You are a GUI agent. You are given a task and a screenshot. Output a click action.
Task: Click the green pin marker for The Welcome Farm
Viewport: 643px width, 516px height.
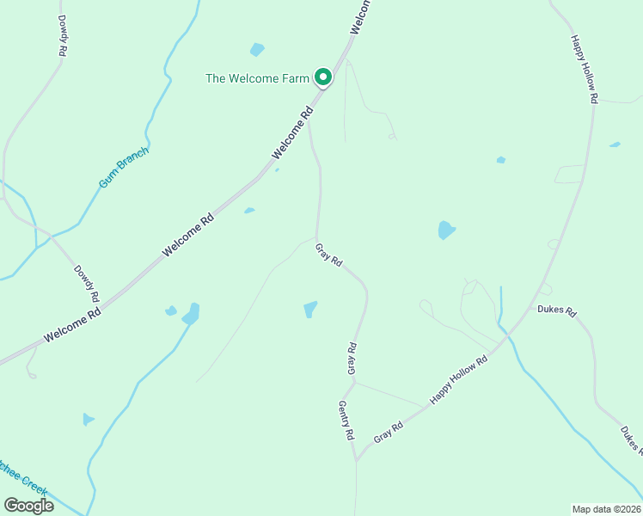point(323,77)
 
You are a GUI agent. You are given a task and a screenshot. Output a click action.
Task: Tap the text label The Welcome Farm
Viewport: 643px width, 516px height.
point(257,78)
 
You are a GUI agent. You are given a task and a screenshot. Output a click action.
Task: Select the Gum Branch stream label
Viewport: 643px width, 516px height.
point(124,167)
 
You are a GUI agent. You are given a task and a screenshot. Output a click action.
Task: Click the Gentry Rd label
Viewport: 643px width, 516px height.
point(346,421)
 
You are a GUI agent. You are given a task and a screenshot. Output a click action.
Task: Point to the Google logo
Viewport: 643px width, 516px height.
point(28,505)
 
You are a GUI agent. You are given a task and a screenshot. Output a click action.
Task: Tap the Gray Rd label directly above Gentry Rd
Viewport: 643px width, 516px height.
point(352,359)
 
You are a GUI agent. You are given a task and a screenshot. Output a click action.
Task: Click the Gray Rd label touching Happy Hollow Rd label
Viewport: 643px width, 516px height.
point(389,433)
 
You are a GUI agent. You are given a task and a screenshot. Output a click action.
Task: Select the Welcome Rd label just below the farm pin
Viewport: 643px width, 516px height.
point(294,132)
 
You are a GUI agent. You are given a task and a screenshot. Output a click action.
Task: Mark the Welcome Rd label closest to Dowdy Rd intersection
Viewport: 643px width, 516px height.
point(73,325)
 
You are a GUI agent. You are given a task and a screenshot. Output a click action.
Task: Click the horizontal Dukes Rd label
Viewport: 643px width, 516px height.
point(556,310)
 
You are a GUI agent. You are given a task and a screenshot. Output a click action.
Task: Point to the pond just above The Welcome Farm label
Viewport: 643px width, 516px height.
point(257,50)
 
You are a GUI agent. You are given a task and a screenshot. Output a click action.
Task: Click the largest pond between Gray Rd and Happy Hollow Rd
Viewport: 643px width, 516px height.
point(446,230)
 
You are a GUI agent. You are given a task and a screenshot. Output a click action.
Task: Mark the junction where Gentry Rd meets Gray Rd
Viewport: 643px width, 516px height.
point(356,459)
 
